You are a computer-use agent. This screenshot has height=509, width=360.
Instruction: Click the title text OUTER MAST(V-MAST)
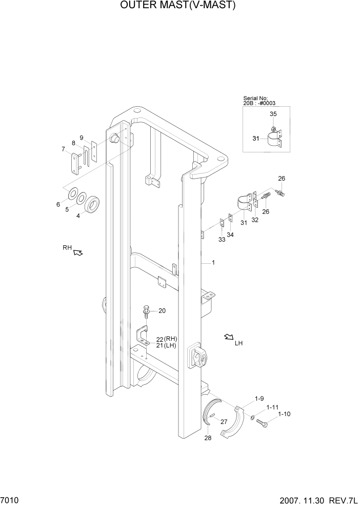178,6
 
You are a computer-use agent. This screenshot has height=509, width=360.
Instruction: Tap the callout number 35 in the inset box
273,114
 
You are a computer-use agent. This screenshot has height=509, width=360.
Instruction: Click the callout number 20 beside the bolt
162,311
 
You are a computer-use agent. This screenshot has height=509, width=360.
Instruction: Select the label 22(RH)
167,339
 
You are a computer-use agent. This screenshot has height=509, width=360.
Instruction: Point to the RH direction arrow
77,252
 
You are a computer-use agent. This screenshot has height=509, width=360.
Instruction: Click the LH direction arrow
228,337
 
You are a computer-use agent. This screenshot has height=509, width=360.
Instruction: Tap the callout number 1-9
259,399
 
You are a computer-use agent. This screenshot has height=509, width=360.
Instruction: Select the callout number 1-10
284,414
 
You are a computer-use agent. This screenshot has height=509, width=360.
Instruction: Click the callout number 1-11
272,406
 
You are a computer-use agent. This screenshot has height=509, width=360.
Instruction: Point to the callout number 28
207,438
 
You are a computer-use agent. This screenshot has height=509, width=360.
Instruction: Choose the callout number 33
222,240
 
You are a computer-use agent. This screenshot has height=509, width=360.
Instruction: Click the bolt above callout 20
146,311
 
